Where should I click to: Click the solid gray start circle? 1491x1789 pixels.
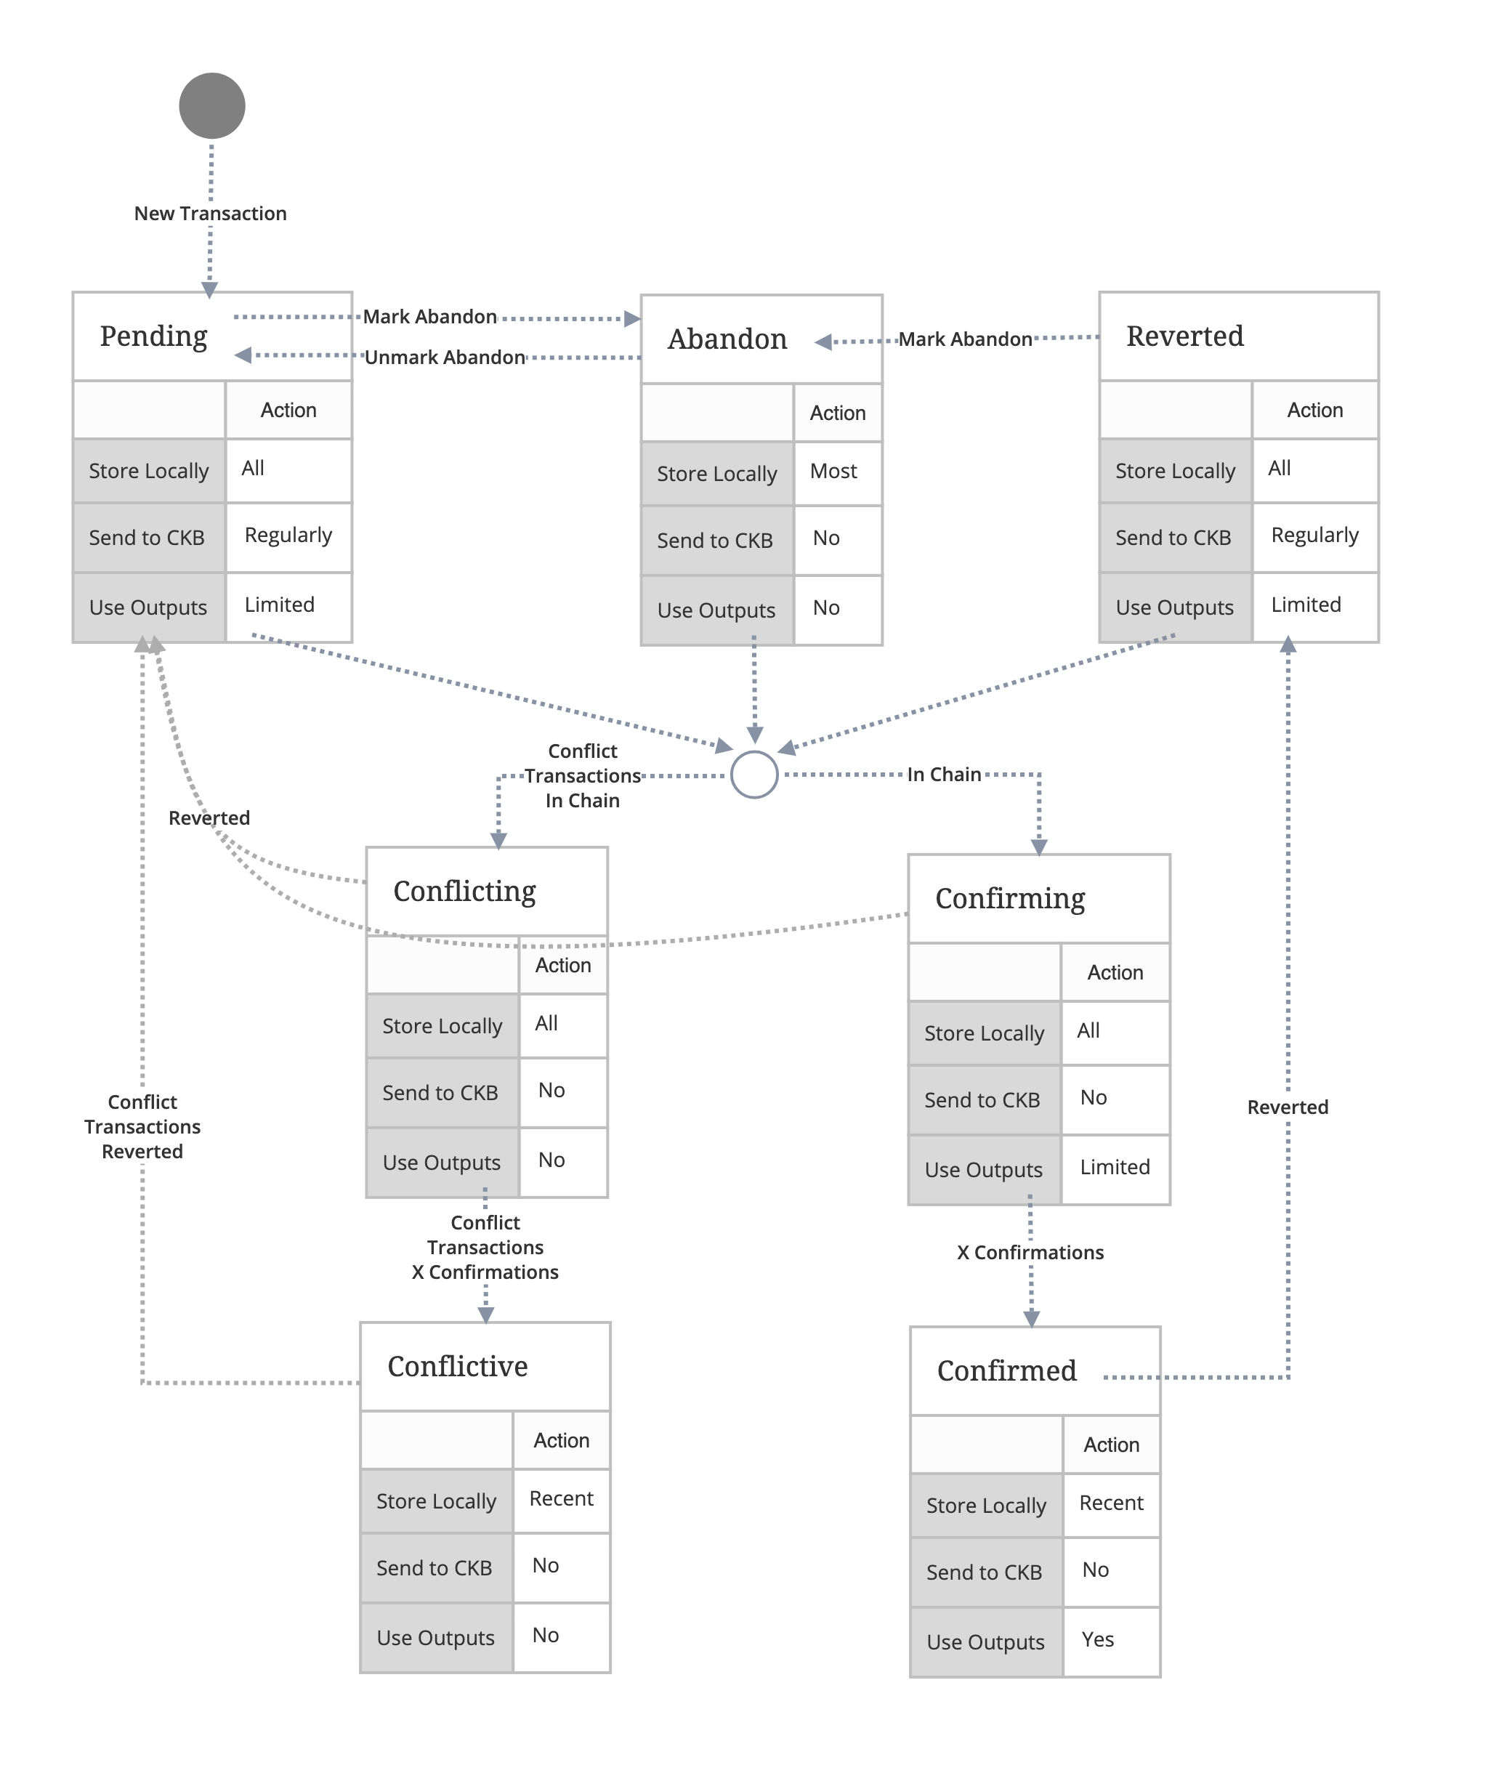[x=212, y=105]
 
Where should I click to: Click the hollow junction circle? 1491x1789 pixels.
[x=754, y=775]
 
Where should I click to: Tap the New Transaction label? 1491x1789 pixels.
[x=211, y=214]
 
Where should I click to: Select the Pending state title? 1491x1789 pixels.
[x=153, y=336]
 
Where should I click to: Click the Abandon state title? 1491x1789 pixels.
[x=727, y=339]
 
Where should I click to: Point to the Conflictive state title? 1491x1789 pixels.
[x=458, y=1366]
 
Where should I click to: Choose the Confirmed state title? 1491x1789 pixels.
[x=1006, y=1370]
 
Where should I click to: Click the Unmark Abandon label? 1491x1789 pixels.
[x=445, y=358]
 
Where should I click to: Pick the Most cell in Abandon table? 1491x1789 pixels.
[x=833, y=471]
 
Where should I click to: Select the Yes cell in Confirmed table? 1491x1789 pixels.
[x=1097, y=1640]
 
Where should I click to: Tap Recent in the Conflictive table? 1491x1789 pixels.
[x=561, y=1498]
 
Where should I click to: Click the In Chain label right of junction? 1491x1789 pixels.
[x=944, y=775]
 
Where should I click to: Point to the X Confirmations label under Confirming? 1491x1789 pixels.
[x=1030, y=1252]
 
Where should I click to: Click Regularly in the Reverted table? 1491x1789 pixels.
[x=1314, y=535]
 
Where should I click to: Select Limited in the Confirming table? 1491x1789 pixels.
[x=1115, y=1167]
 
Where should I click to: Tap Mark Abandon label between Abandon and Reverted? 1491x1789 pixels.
[x=966, y=339]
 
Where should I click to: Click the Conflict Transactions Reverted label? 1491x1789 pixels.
[x=142, y=1126]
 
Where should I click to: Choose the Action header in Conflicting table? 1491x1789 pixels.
[x=562, y=965]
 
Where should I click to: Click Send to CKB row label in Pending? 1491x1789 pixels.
[x=147, y=538]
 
